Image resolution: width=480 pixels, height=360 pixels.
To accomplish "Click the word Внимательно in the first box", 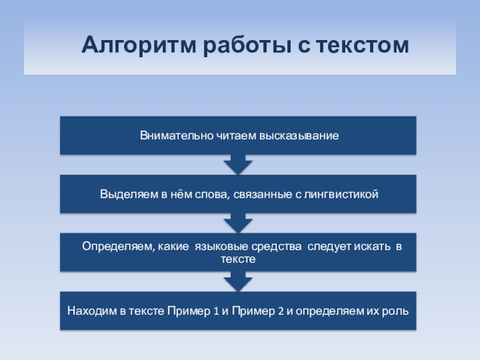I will [x=169, y=136].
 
